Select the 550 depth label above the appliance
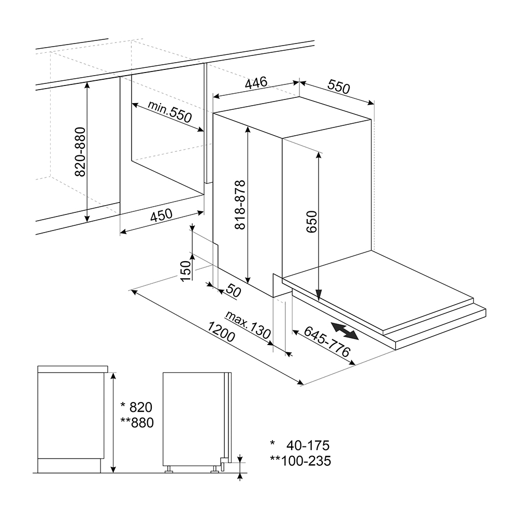(x=339, y=87)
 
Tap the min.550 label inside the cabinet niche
(x=169, y=111)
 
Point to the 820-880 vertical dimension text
(x=80, y=152)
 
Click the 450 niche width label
(x=161, y=215)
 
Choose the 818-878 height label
(x=240, y=205)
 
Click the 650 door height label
(x=311, y=222)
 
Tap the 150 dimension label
(x=186, y=271)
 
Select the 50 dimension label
(x=233, y=290)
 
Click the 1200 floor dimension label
(x=221, y=332)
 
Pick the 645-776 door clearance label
(x=327, y=341)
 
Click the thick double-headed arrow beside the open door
(x=345, y=332)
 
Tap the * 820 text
(x=136, y=407)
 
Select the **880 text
(x=137, y=423)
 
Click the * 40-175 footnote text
(x=299, y=445)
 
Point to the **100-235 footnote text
(x=300, y=461)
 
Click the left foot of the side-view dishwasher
(x=168, y=469)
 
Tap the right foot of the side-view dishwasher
(x=215, y=469)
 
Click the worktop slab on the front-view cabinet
(x=73, y=369)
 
